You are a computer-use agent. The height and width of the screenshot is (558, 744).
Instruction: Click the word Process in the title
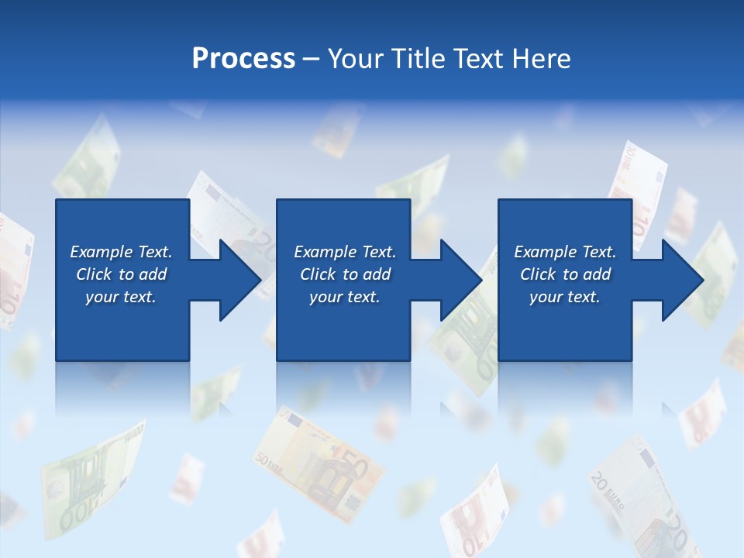coord(243,58)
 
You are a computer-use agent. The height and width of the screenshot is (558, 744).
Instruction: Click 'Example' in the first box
coord(102,252)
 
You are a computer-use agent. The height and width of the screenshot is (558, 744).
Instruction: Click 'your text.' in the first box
coord(121,297)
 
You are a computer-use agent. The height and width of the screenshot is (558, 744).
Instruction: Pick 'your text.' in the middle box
coord(345,297)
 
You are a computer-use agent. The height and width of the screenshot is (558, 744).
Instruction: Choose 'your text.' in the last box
coord(565,297)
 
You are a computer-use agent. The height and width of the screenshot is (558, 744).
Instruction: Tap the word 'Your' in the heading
coord(355,58)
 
